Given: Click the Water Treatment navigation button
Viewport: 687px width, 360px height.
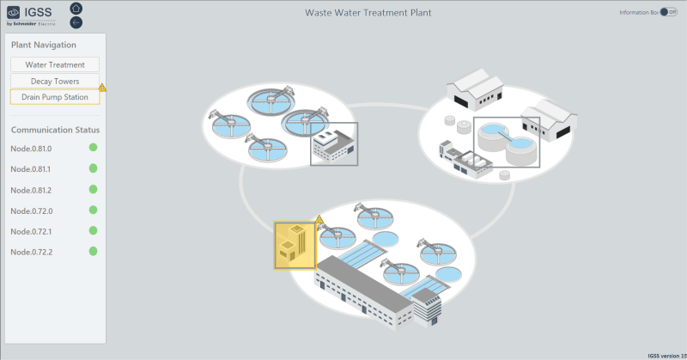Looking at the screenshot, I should [x=55, y=64].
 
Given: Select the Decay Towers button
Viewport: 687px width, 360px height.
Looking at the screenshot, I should [x=55, y=81].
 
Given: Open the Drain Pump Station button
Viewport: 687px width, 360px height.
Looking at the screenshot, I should [x=55, y=97].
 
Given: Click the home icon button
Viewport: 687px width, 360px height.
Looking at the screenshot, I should [x=76, y=9].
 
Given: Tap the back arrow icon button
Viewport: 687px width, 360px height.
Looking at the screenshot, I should [x=76, y=22].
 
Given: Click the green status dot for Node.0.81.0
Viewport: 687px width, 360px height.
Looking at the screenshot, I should [x=94, y=148].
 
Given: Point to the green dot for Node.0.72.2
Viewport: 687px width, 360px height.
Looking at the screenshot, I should [x=94, y=252].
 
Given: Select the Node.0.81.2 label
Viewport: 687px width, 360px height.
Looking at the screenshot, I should [x=31, y=190].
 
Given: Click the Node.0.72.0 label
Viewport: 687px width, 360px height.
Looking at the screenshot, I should [x=31, y=211].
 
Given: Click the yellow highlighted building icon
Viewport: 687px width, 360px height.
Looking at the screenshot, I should [x=295, y=246].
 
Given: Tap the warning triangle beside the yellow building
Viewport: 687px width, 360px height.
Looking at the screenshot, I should [x=319, y=220].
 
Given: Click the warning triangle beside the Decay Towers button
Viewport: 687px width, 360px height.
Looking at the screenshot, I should [x=103, y=88].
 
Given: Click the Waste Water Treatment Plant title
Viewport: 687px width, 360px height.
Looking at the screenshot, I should [x=368, y=13].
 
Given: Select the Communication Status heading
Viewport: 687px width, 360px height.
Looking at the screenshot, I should [x=55, y=130].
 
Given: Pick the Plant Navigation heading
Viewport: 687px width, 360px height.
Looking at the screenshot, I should [x=44, y=45].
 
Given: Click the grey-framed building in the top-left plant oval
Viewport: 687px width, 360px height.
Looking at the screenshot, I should [x=334, y=143].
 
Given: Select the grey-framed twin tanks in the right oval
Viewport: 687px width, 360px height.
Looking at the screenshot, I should [x=507, y=142].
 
